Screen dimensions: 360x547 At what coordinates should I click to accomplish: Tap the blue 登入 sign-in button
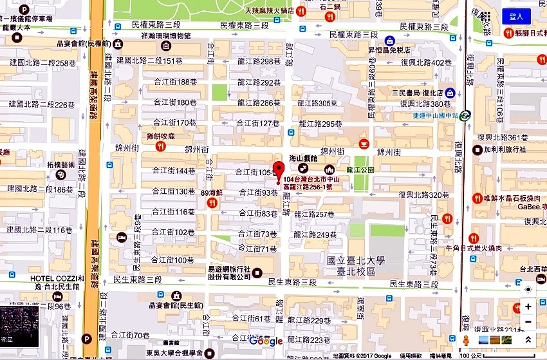516,17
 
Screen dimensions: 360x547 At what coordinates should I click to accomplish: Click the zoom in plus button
528,307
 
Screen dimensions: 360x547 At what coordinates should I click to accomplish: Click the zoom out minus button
528,322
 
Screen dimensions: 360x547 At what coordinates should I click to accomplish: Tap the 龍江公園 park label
360,170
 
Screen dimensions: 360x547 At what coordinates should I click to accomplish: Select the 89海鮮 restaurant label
212,193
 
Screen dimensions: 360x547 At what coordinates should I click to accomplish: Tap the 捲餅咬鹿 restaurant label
161,137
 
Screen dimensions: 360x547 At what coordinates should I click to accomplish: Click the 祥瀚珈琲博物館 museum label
166,36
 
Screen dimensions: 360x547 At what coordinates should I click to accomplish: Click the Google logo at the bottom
266,341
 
